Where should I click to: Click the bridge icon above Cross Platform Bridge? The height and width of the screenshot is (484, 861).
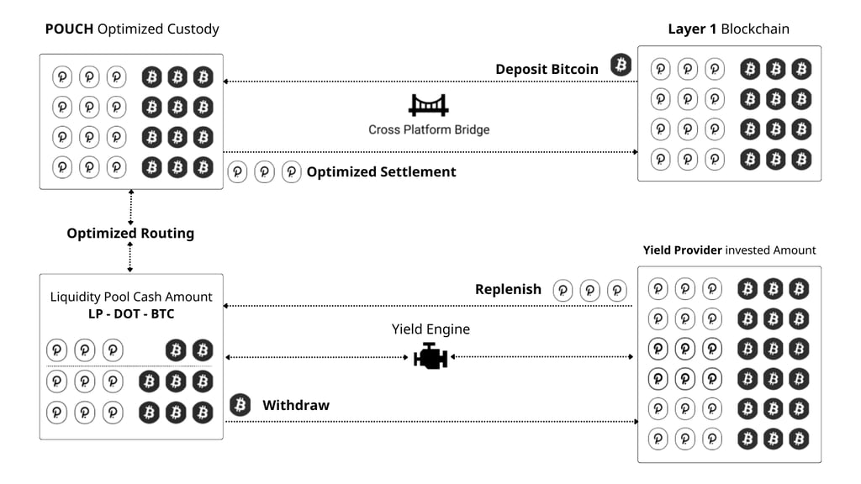[428, 104]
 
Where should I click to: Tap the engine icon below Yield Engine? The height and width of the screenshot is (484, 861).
[430, 356]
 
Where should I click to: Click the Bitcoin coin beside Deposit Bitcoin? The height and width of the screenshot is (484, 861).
[621, 65]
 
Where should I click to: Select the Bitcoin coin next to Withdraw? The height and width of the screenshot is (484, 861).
[240, 406]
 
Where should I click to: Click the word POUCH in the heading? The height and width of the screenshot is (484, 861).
[69, 29]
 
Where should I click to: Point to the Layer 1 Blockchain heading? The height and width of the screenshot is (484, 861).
[728, 29]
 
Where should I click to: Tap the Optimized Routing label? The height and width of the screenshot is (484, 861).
[130, 233]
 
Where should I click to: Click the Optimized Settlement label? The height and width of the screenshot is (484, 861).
[381, 171]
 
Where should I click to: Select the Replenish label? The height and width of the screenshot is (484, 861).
[508, 289]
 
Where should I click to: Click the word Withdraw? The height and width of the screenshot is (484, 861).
[296, 405]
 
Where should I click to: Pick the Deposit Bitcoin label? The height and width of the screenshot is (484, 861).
[547, 69]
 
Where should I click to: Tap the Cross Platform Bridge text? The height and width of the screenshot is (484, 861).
[429, 129]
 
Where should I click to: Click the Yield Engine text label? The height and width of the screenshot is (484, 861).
[430, 329]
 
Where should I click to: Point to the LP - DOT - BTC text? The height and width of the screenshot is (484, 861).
[131, 313]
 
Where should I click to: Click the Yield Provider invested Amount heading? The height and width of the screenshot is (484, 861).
[729, 250]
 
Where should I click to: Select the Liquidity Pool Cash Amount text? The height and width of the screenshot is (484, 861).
[131, 297]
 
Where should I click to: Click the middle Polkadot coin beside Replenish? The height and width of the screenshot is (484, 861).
[590, 291]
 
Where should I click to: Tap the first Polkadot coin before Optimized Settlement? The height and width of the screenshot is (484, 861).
[238, 172]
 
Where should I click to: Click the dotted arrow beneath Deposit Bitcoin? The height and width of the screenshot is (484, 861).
[429, 82]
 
